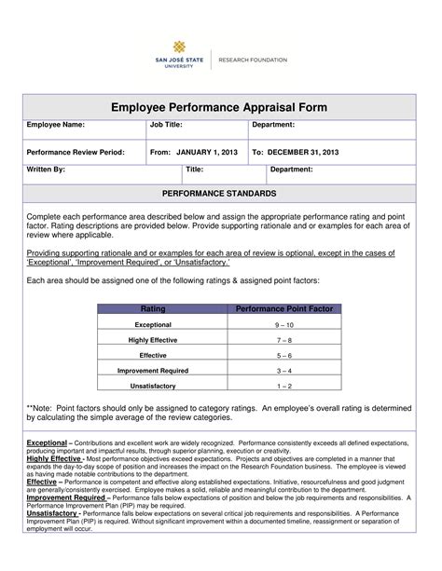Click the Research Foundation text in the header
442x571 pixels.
point(253,60)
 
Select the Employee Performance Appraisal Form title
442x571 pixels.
point(220,107)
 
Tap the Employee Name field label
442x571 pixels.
point(55,124)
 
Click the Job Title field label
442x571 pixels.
point(168,124)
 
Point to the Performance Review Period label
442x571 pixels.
point(75,151)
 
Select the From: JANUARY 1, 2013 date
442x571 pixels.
point(193,151)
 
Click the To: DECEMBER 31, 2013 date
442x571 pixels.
point(295,151)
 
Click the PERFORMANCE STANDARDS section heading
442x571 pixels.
point(220,193)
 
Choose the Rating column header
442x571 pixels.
point(153,308)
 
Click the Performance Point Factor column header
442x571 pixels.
point(284,308)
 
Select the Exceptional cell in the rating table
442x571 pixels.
point(153,324)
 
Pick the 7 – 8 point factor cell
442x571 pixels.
point(284,340)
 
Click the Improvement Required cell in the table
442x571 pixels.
point(153,371)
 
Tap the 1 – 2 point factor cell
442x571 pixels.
point(284,386)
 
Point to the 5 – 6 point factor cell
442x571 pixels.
point(284,356)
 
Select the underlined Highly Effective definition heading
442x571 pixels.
point(54,459)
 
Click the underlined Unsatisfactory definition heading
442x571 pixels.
point(52,512)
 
